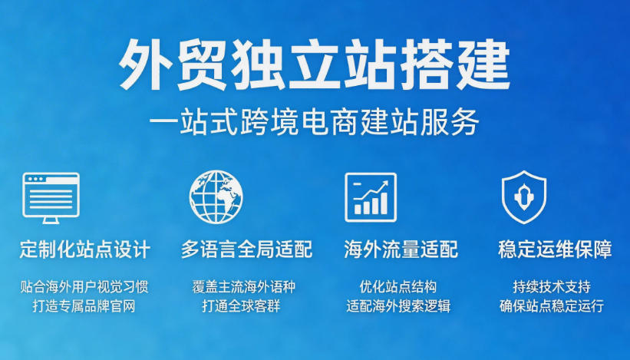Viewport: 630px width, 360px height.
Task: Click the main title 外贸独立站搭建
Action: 314,65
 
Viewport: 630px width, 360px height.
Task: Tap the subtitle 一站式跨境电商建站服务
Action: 314,121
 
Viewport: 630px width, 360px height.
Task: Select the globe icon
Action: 216,197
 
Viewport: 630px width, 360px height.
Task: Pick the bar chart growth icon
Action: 371,197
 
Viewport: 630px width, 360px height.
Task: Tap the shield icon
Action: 524,197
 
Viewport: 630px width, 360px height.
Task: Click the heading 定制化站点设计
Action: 85,249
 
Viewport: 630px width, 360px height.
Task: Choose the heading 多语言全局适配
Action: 246,249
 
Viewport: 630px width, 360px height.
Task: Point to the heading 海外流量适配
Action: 401,249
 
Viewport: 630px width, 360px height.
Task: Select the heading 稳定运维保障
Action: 556,249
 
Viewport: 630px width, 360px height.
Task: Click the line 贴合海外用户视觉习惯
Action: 84,287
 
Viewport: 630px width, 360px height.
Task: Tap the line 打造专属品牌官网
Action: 84,306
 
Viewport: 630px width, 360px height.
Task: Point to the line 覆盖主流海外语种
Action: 244,287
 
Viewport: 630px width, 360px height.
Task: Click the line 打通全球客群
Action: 241,306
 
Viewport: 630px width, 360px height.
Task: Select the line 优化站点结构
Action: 398,287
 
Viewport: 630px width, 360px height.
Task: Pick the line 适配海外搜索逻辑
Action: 398,306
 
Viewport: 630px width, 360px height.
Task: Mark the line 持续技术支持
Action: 552,287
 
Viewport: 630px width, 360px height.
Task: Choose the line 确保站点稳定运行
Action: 552,306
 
